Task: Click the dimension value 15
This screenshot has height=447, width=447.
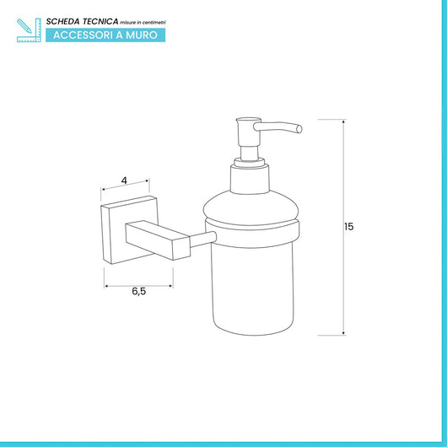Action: pos(349,227)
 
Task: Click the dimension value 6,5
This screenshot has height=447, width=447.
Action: pos(139,291)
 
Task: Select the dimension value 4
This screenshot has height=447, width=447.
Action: pos(124,180)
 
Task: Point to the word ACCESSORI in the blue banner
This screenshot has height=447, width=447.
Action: pos(83,35)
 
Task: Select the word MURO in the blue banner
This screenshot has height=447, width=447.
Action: pos(142,35)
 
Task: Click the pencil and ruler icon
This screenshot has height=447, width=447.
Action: pos(29,30)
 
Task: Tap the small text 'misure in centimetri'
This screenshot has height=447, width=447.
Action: pos(143,23)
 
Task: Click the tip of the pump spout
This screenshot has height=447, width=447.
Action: pos(299,129)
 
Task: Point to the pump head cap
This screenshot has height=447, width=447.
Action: pos(249,132)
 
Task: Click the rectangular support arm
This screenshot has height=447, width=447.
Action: pos(158,240)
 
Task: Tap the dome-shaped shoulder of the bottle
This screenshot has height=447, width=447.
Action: pos(250,207)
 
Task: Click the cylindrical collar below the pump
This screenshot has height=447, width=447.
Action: pos(250,179)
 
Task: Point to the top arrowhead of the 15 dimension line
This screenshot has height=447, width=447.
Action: pos(343,121)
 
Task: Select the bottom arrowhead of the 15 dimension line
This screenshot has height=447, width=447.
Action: pos(343,333)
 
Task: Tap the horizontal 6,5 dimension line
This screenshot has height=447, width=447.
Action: pos(138,286)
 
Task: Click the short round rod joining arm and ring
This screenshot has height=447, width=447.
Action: pos(203,240)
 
